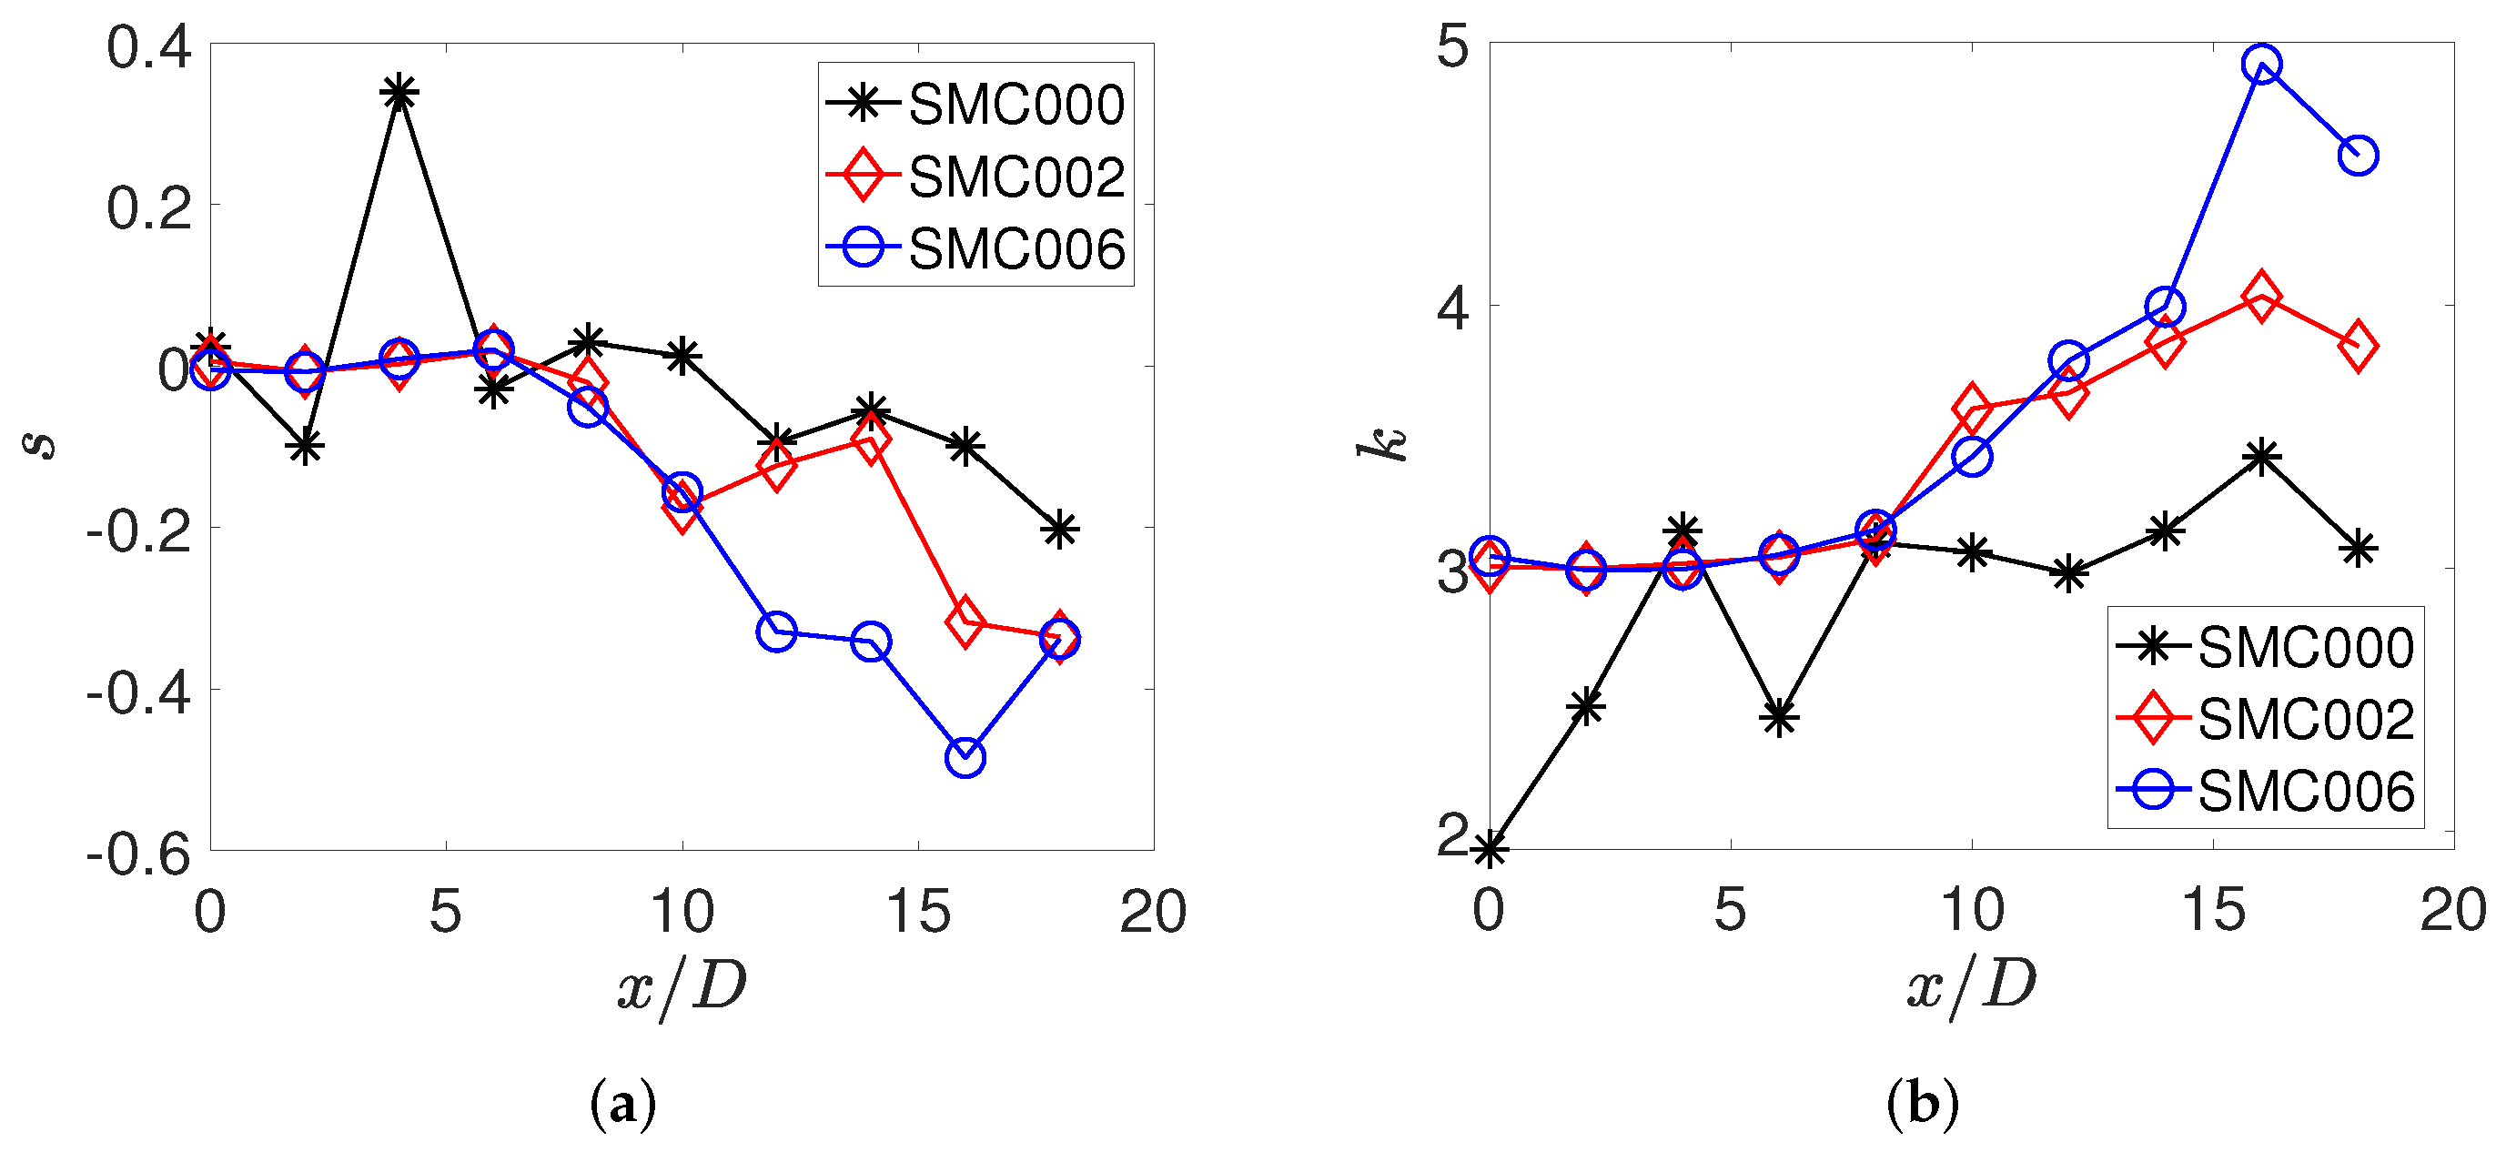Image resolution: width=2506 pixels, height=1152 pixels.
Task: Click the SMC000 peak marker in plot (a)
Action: click(399, 95)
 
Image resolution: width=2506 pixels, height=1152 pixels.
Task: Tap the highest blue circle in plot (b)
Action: click(2262, 66)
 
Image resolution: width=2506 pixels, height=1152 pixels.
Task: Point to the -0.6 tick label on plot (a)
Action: click(138, 854)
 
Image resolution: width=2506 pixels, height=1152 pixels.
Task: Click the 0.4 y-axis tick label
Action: click(149, 46)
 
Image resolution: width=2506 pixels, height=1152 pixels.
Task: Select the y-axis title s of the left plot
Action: click(40, 446)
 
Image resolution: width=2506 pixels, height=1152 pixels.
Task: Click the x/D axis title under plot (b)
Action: click(1970, 985)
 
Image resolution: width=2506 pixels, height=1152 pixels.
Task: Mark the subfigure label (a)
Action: click(622, 1104)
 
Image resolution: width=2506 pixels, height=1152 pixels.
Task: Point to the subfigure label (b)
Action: click(1923, 1104)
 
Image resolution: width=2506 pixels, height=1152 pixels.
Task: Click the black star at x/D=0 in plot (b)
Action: click(1490, 848)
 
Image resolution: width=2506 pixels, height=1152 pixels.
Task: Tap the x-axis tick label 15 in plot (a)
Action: click(917, 912)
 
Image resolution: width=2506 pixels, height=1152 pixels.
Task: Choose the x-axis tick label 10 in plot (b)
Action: click(1971, 912)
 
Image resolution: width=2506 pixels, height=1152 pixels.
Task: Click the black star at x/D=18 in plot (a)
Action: click(1059, 530)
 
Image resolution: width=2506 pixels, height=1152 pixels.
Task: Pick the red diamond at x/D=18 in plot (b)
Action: click(2358, 346)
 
